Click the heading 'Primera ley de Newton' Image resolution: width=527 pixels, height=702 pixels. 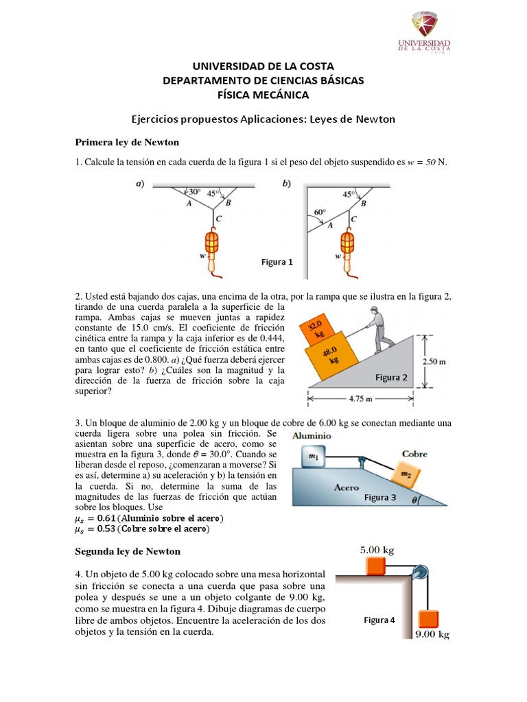coord(126,142)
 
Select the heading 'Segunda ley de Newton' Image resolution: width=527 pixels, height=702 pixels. coord(127,550)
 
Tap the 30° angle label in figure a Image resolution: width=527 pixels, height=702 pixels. coord(194,192)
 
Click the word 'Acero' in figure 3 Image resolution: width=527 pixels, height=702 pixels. coord(347,488)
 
